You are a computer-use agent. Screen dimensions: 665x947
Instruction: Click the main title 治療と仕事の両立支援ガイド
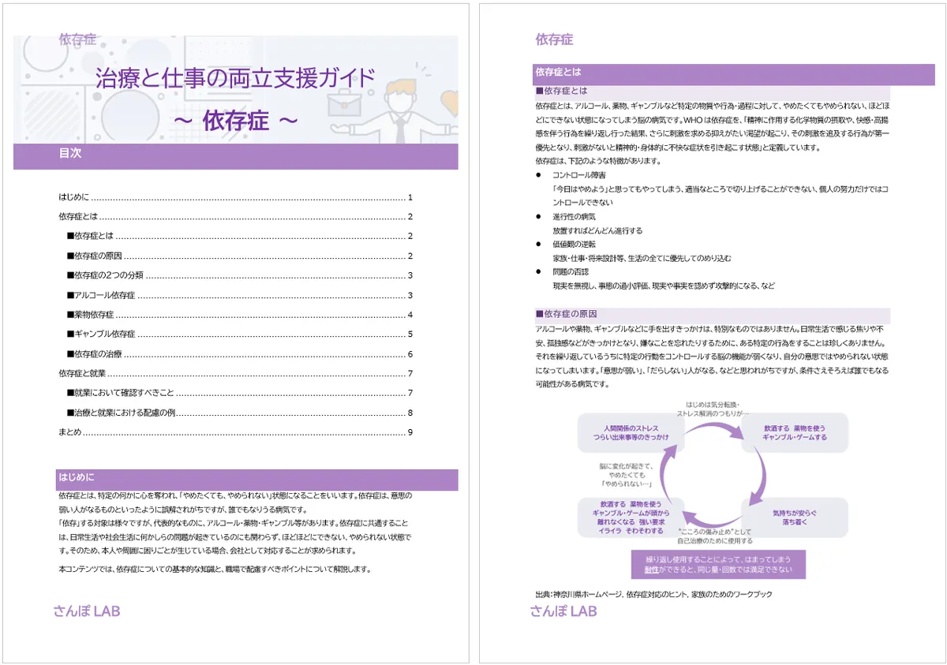pos(234,78)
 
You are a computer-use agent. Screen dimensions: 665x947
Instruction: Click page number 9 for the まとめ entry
pos(410,432)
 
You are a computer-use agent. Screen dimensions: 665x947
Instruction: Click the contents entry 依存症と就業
pos(82,373)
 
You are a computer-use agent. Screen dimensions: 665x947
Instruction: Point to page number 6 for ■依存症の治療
pos(410,354)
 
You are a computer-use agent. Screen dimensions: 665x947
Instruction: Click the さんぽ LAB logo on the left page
pos(87,611)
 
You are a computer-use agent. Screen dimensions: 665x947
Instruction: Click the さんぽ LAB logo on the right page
pos(563,611)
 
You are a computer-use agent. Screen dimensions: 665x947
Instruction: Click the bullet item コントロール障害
pos(579,175)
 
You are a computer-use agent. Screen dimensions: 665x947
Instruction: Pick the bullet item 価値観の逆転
pos(575,245)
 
